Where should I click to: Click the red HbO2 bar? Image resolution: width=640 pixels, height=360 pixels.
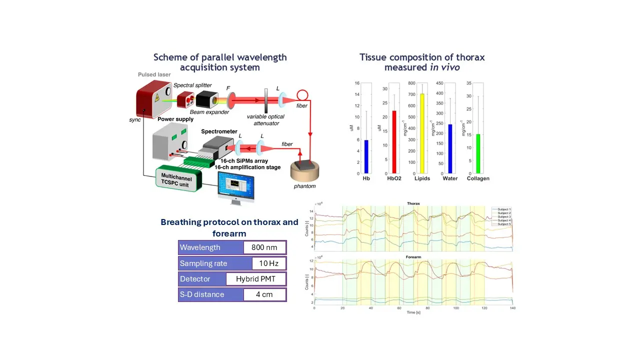click(x=394, y=142)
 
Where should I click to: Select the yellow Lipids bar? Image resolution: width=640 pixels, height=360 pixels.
click(x=422, y=133)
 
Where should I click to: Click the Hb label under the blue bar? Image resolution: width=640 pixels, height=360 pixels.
click(x=366, y=178)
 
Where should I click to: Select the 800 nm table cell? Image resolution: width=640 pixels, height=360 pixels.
click(x=264, y=247)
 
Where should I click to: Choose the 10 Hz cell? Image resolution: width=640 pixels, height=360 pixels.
click(x=264, y=263)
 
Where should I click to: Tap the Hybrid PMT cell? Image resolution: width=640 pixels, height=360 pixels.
click(x=255, y=279)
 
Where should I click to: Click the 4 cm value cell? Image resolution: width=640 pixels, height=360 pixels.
click(x=264, y=294)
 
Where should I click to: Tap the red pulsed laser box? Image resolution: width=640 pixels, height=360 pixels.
click(x=154, y=102)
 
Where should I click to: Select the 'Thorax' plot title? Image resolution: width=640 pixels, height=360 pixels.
click(x=413, y=203)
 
